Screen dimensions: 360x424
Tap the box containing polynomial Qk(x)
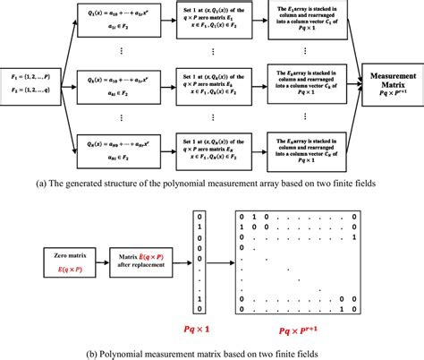[123, 87]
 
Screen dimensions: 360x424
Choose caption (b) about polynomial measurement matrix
[212, 345]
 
